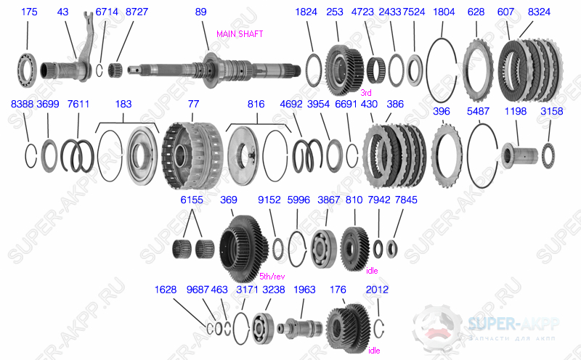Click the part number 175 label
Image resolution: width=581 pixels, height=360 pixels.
pyautogui.click(x=29, y=12)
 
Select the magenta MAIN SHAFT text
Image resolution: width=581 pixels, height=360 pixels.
pyautogui.click(x=240, y=34)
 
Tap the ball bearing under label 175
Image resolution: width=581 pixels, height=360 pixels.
pyautogui.click(x=27, y=70)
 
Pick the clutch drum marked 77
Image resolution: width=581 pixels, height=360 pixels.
pyautogui.click(x=192, y=155)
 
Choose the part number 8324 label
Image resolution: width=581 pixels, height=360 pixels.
pyautogui.click(x=539, y=12)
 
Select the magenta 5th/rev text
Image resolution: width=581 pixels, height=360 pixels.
pyautogui.click(x=272, y=277)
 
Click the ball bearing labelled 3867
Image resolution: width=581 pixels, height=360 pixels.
pyautogui.click(x=323, y=248)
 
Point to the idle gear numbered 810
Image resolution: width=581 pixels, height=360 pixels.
pyautogui.click(x=354, y=249)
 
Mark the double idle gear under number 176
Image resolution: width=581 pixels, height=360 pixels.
pyautogui.click(x=349, y=328)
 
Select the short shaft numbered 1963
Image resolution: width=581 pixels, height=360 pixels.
pyautogui.click(x=300, y=328)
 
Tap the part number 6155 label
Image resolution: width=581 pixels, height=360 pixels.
pyautogui.click(x=192, y=200)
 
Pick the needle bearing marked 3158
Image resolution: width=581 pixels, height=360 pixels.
pyautogui.click(x=548, y=156)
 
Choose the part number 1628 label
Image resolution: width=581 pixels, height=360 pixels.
pyautogui.click(x=166, y=290)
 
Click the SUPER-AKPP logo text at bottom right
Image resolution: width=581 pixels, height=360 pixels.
pyautogui.click(x=513, y=324)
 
